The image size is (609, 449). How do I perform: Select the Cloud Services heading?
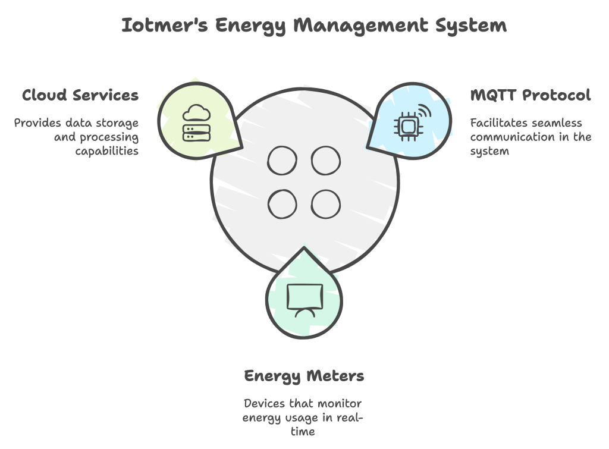pos(80,95)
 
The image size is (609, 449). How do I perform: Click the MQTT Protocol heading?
pos(530,95)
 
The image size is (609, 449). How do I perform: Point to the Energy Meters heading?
pos(304,376)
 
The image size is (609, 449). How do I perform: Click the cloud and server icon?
pos(196,123)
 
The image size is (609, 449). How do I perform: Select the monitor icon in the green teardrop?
pos(304,299)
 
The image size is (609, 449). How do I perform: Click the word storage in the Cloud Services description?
pos(119,123)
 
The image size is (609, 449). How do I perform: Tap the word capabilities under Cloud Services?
pos(107,150)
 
